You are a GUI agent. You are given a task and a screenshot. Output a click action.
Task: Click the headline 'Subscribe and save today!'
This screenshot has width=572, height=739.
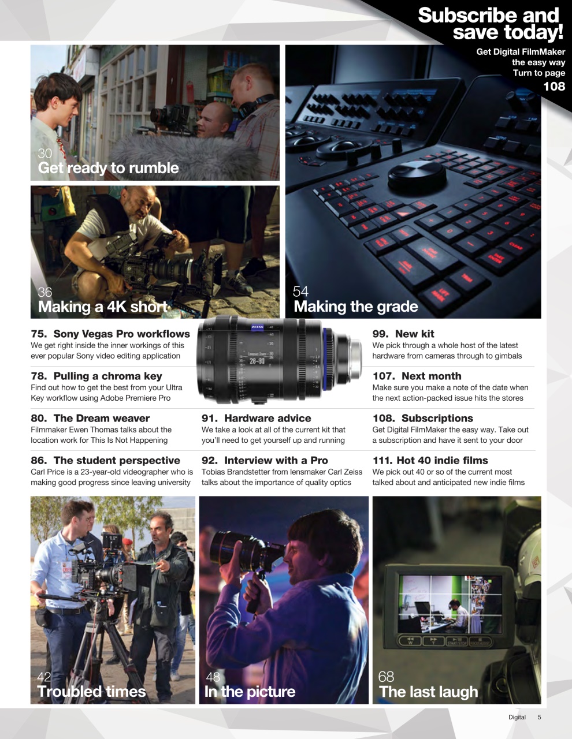click(x=490, y=24)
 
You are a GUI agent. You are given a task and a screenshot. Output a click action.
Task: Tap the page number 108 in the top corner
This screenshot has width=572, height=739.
click(x=554, y=87)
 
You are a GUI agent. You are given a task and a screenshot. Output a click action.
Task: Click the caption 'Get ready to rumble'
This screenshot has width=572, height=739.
click(x=108, y=168)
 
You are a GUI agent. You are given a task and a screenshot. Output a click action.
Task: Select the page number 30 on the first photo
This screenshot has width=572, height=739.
click(x=44, y=153)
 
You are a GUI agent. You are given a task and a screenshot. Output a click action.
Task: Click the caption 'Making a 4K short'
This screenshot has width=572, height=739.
click(x=102, y=307)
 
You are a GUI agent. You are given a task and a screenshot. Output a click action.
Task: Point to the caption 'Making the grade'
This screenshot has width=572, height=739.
click(x=355, y=307)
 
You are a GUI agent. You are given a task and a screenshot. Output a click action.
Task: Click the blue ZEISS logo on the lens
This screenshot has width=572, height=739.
click(x=257, y=327)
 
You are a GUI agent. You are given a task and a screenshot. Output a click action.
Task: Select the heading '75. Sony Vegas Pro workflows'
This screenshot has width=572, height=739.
click(x=110, y=334)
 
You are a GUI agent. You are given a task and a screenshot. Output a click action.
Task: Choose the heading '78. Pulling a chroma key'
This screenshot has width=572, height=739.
click(x=96, y=376)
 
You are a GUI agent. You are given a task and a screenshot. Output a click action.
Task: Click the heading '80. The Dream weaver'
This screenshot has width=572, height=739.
click(x=90, y=418)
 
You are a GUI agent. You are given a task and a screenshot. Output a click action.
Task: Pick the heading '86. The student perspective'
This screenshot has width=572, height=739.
click(x=105, y=460)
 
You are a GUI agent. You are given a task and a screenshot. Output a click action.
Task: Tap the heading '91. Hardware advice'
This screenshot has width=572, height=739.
click(x=256, y=418)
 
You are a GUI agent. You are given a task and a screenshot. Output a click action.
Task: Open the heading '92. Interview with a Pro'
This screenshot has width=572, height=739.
click(x=265, y=460)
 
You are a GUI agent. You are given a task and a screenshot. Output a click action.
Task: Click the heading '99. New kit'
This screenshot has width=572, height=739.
click(x=403, y=334)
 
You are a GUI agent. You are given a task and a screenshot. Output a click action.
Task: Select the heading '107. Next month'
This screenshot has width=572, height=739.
click(x=417, y=376)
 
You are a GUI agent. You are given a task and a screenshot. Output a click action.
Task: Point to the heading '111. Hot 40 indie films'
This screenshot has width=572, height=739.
click(x=430, y=460)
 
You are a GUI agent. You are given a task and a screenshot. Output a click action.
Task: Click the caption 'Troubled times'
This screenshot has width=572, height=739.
click(x=91, y=692)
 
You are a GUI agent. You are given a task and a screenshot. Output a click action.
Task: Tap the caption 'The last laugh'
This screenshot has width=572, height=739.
click(x=428, y=692)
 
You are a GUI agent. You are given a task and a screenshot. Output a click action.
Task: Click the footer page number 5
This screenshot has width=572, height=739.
click(x=539, y=717)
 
